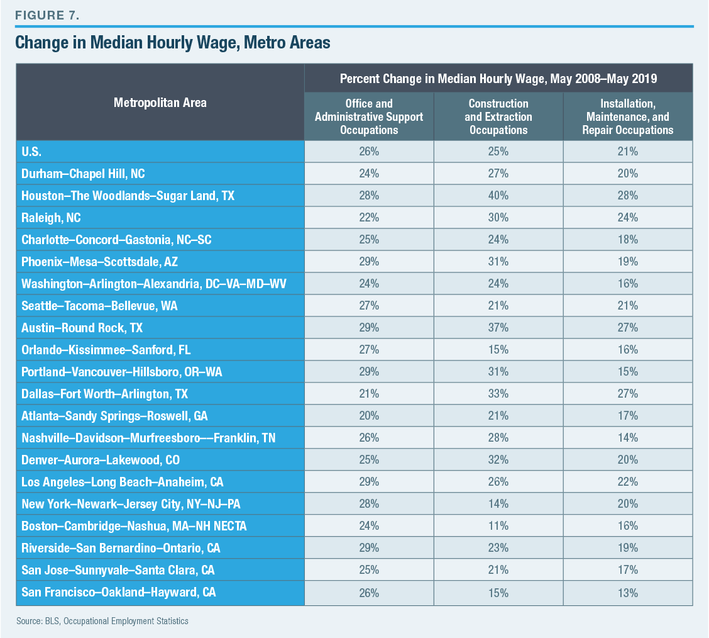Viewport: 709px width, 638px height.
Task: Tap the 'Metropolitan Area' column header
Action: pyautogui.click(x=160, y=102)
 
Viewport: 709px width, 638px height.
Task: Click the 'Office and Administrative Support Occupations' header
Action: pyautogui.click(x=369, y=116)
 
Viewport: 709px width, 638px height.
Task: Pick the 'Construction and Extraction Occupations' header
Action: pyautogui.click(x=498, y=116)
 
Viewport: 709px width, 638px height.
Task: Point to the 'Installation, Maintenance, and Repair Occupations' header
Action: pyautogui.click(x=627, y=116)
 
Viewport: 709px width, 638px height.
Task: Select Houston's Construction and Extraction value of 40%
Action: pyautogui.click(x=498, y=196)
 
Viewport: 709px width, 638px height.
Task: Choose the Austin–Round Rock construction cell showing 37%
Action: pyautogui.click(x=498, y=328)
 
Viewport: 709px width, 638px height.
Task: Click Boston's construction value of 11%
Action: pyautogui.click(x=498, y=526)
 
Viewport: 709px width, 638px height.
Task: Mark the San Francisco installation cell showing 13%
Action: pyautogui.click(x=627, y=592)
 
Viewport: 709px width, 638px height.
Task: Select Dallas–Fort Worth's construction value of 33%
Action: pyautogui.click(x=498, y=394)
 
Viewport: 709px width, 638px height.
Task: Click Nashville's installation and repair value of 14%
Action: pyautogui.click(x=627, y=438)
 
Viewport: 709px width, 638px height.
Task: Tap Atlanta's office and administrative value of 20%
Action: pyautogui.click(x=369, y=416)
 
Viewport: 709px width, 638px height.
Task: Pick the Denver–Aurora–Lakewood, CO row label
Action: pyautogui.click(x=101, y=460)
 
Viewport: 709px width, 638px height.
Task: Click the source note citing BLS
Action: pyautogui.click(x=102, y=621)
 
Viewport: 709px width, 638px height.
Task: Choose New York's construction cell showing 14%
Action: pyautogui.click(x=498, y=504)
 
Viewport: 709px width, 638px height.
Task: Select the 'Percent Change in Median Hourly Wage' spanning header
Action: pyautogui.click(x=498, y=79)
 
